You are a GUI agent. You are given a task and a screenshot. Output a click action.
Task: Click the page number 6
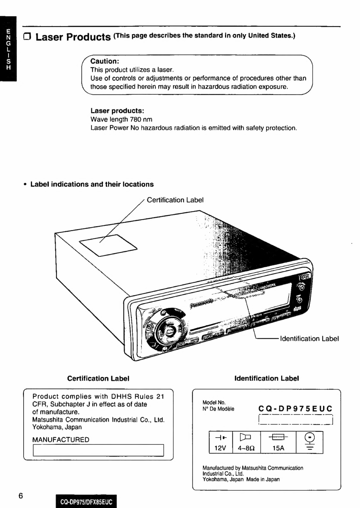(x=20, y=496)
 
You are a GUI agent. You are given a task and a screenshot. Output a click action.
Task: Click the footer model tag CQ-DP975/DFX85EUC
(x=86, y=502)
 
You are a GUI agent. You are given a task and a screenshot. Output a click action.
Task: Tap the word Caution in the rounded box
(x=105, y=61)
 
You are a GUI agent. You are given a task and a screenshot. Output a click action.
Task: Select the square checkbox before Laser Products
(x=27, y=37)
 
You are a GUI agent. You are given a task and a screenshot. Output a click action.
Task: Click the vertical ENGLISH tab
(x=8, y=49)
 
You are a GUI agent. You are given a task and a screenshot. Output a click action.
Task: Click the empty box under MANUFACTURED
(x=98, y=450)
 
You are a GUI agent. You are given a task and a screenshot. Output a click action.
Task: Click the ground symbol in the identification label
(x=309, y=442)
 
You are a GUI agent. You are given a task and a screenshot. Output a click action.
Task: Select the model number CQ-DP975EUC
(x=295, y=409)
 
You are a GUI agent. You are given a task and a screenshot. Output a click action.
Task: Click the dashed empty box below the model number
(x=296, y=420)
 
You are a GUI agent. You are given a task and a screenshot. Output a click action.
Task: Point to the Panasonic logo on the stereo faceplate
(x=202, y=303)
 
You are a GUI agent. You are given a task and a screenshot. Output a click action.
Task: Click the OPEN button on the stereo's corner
(x=304, y=277)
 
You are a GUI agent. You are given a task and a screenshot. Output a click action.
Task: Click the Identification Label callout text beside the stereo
(x=309, y=339)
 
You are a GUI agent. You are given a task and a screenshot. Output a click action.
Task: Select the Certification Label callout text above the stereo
(x=175, y=200)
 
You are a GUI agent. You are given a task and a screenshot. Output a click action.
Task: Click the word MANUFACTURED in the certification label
(x=61, y=440)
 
